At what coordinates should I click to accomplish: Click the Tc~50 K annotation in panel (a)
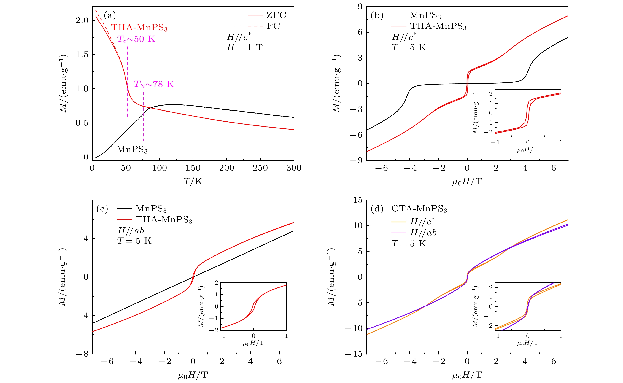pos(136,39)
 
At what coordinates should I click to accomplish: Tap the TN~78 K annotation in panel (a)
pos(154,84)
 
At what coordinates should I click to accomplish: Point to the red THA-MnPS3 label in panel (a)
pos(139,27)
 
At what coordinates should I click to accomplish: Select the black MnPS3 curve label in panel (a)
pos(132,150)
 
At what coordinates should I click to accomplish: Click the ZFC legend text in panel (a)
pos(276,15)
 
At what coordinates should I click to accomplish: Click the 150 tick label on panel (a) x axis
pos(193,168)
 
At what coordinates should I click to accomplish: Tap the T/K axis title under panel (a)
pos(193,181)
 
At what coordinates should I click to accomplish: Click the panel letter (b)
pos(377,15)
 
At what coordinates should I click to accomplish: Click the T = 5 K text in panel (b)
pos(409,47)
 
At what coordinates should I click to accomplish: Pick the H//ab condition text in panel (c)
pos(131,231)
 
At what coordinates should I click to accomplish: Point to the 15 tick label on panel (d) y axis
pos(358,200)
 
